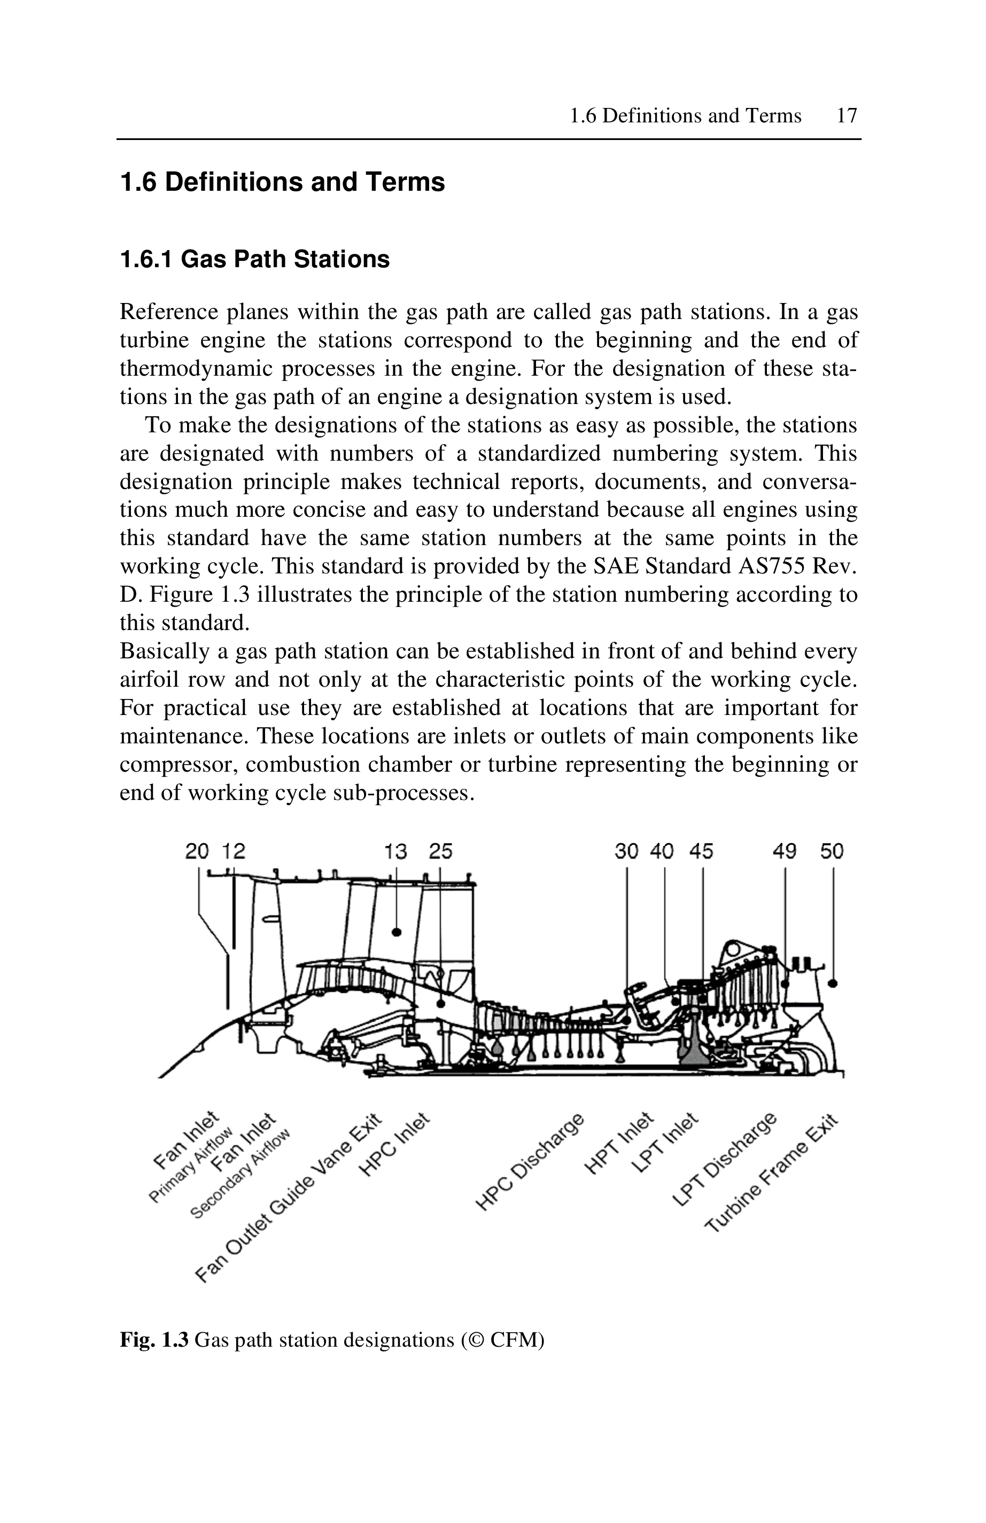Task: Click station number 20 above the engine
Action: click(197, 851)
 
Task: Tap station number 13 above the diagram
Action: click(395, 851)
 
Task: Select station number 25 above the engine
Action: click(440, 851)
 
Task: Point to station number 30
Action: click(626, 851)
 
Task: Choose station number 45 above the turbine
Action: click(701, 851)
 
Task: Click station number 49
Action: click(785, 851)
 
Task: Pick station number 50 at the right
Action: click(832, 851)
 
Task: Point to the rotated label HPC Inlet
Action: click(394, 1145)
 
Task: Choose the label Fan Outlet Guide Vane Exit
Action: click(289, 1197)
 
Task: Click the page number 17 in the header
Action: click(847, 116)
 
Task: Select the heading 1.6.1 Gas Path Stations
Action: click(255, 259)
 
